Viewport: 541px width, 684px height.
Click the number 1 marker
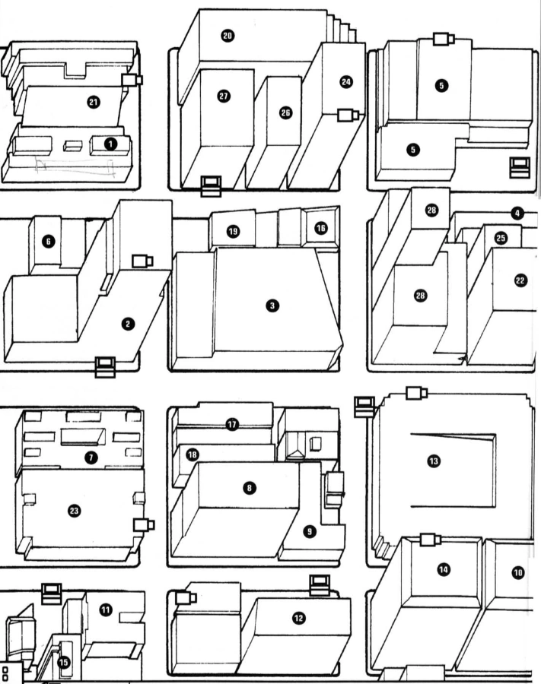point(111,143)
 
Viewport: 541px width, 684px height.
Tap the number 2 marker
point(128,324)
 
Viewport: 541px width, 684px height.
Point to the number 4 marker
point(517,214)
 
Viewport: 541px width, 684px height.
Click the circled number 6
point(49,241)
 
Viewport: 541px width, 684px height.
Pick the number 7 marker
point(91,456)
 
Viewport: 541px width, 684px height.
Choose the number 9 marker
point(310,532)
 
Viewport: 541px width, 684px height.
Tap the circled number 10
point(518,572)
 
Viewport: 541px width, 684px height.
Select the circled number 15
point(63,662)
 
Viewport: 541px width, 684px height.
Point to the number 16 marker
point(320,228)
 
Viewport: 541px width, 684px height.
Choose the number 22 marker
point(520,280)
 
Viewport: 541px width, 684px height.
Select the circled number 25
point(500,238)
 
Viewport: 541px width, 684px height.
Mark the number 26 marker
point(285,112)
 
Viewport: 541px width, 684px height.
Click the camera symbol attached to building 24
point(348,116)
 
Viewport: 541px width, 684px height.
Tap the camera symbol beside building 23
point(142,524)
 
